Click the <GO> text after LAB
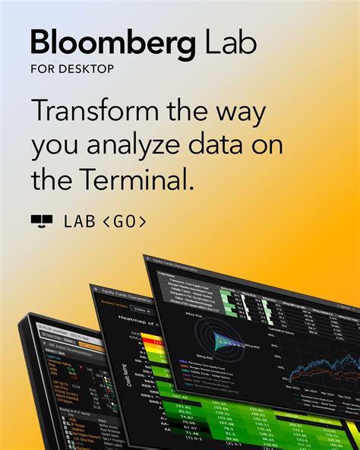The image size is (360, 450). (x=123, y=221)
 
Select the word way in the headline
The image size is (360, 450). (x=244, y=112)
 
